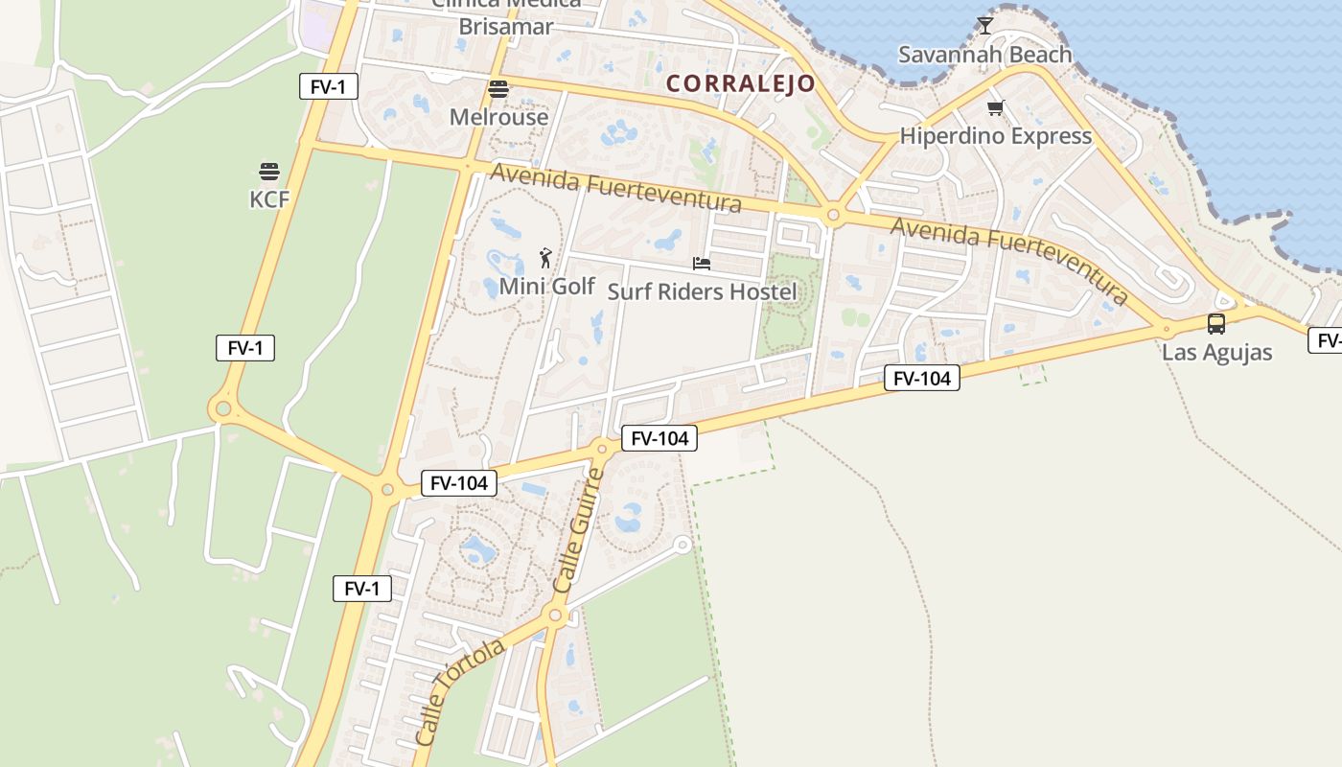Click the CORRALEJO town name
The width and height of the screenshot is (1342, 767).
(x=740, y=83)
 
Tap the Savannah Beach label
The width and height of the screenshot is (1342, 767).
(x=984, y=55)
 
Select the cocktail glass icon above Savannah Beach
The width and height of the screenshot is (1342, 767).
(x=984, y=25)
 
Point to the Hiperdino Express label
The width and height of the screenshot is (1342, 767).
(x=996, y=136)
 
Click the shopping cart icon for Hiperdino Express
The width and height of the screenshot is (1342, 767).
(x=995, y=108)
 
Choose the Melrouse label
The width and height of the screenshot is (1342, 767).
(x=498, y=117)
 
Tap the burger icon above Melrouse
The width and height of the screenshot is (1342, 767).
(x=498, y=90)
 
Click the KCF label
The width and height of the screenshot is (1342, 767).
(x=268, y=198)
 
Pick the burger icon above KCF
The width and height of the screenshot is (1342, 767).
(x=268, y=172)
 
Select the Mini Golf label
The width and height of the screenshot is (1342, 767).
(x=547, y=286)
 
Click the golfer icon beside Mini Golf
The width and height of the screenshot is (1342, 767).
(x=545, y=258)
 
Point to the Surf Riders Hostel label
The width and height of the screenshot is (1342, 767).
(x=703, y=291)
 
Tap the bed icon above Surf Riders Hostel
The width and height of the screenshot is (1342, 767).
(x=702, y=263)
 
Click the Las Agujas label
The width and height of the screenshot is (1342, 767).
(x=1216, y=352)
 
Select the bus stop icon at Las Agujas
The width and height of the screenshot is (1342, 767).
(x=1215, y=324)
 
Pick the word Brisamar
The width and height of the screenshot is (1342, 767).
(x=505, y=26)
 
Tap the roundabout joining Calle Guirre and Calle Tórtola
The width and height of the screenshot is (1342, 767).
(x=554, y=616)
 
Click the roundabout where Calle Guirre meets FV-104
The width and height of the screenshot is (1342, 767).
(x=602, y=447)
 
